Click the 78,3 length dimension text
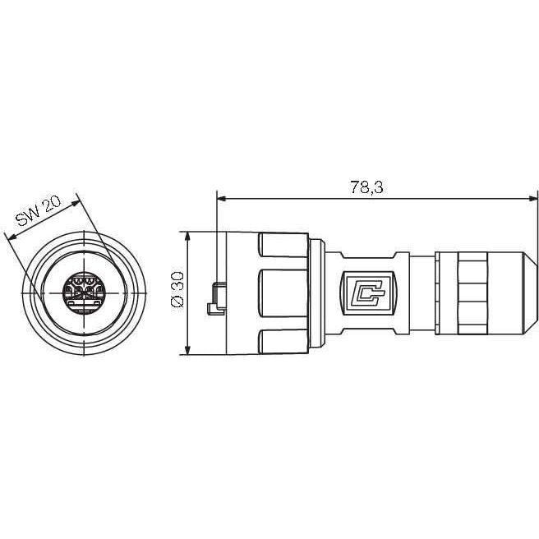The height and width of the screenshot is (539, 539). (366, 187)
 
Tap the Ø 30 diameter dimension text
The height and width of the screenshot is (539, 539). (177, 289)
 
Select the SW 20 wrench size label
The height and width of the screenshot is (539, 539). (39, 210)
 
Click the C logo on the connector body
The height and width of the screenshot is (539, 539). (369, 293)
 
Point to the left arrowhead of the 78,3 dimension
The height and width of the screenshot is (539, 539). (221, 199)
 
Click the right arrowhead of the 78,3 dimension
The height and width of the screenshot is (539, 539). (532, 199)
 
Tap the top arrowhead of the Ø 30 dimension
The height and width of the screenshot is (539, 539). (187, 236)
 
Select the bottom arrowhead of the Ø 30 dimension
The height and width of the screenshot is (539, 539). (187, 350)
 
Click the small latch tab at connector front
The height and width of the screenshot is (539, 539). (217, 298)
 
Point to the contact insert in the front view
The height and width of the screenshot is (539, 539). (84, 293)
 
